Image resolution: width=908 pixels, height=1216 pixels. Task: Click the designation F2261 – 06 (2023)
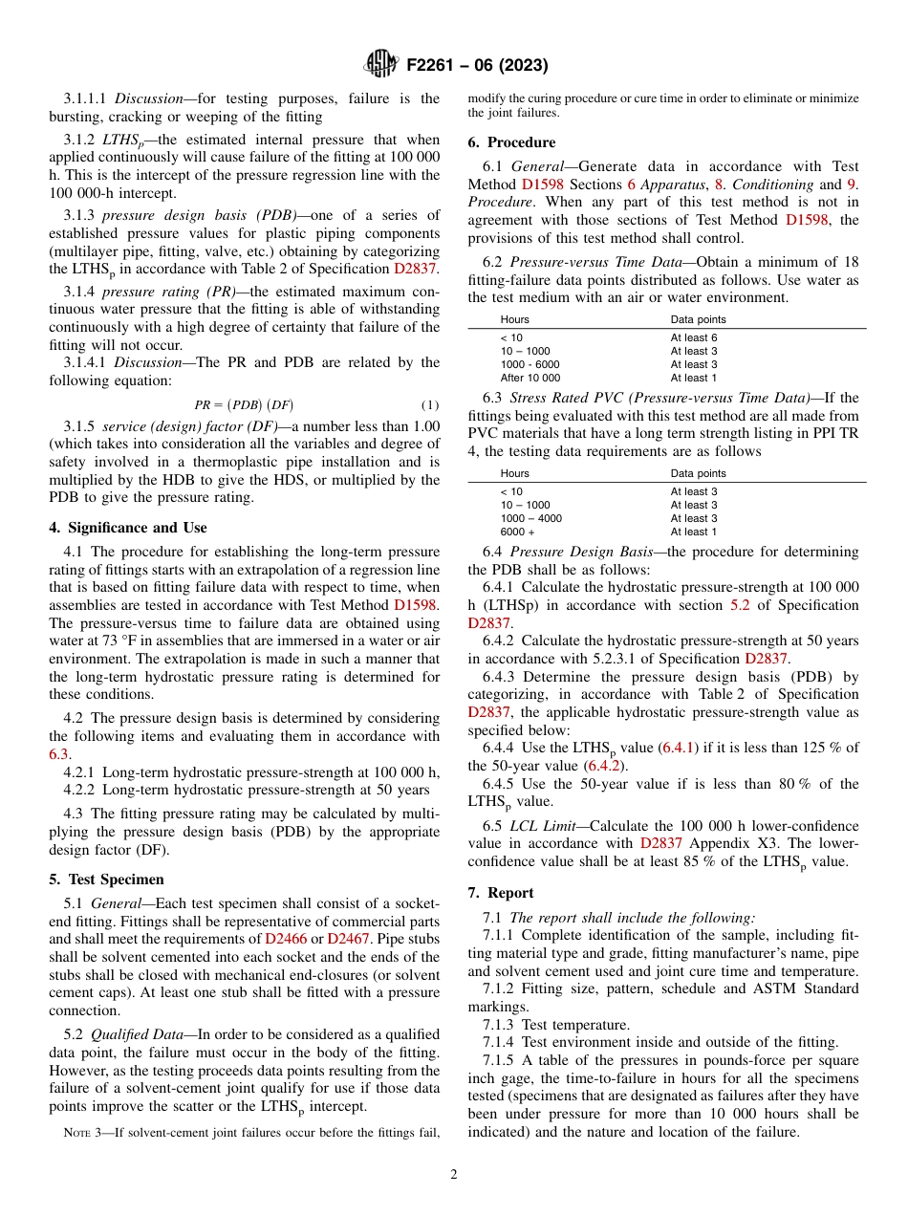tap(477, 66)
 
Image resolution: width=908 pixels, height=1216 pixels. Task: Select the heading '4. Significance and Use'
tap(127, 528)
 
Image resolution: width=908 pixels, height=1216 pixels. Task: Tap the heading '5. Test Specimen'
tap(106, 879)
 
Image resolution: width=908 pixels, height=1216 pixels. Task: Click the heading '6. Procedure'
tap(511, 142)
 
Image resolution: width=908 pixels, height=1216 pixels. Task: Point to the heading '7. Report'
tap(500, 892)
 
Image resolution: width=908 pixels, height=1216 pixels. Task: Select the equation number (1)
tap(430, 404)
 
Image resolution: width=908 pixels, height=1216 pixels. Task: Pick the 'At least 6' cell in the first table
tap(693, 337)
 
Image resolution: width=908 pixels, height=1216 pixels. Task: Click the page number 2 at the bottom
tap(454, 1174)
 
